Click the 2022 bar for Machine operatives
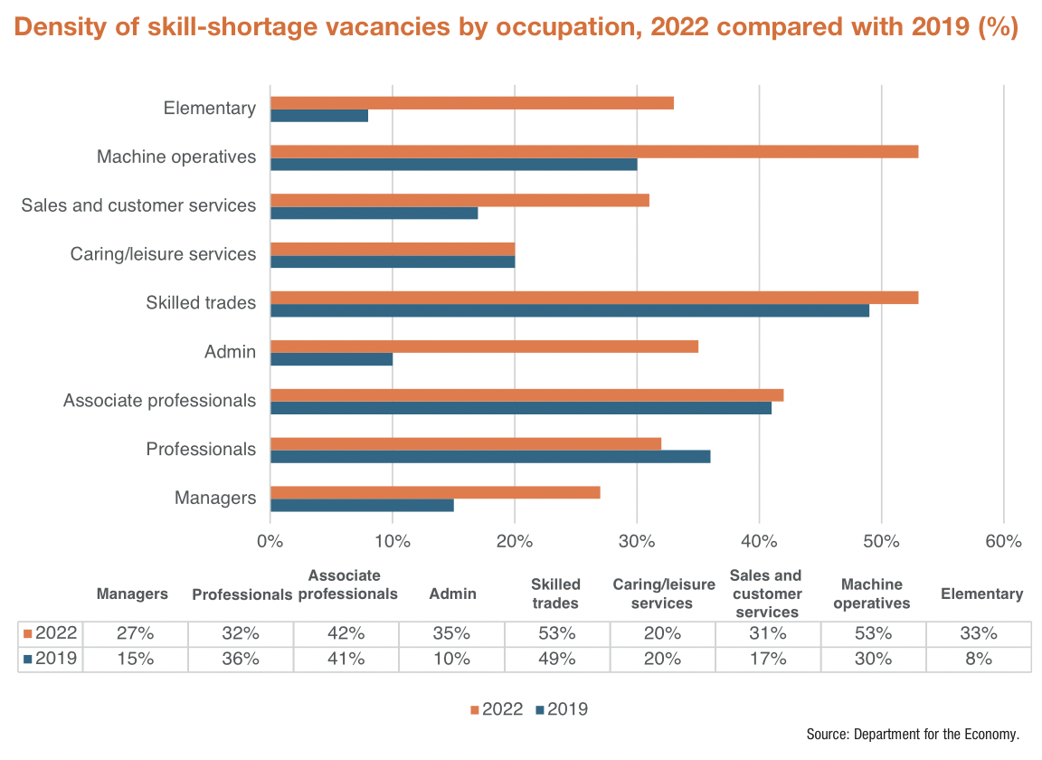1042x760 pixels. [594, 151]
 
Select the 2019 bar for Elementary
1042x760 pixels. [319, 116]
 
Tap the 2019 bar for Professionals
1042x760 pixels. [490, 456]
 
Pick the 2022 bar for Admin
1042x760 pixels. [484, 346]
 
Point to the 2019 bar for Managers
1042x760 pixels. [362, 505]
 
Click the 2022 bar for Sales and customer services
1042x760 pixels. [459, 200]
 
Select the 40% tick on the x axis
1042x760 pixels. [760, 542]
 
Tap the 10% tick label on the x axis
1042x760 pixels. [393, 542]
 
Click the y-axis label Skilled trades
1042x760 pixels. [201, 303]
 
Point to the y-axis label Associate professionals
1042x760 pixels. [159, 401]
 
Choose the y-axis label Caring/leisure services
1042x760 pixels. [163, 254]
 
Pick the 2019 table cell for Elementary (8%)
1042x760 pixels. [979, 660]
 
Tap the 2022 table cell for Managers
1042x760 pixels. [135, 633]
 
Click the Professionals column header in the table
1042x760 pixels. [242, 594]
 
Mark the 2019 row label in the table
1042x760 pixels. [51, 660]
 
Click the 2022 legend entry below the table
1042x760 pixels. [497, 709]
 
